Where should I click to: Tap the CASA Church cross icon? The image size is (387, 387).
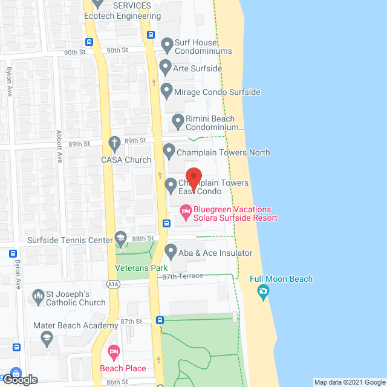tap(114, 144)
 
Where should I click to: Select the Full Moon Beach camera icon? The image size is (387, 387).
tap(263, 293)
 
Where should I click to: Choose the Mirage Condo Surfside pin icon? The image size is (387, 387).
tap(167, 91)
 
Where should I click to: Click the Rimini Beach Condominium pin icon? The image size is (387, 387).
tap(178, 121)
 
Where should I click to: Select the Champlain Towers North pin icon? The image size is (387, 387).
tap(169, 151)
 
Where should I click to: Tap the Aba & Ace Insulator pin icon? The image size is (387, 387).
tap(171, 251)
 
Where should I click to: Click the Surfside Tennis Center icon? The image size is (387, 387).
tap(121, 238)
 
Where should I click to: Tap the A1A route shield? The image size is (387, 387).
tap(97, 284)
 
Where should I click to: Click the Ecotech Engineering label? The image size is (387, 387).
tap(123, 16)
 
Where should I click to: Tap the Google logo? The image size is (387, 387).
tap(19, 379)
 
